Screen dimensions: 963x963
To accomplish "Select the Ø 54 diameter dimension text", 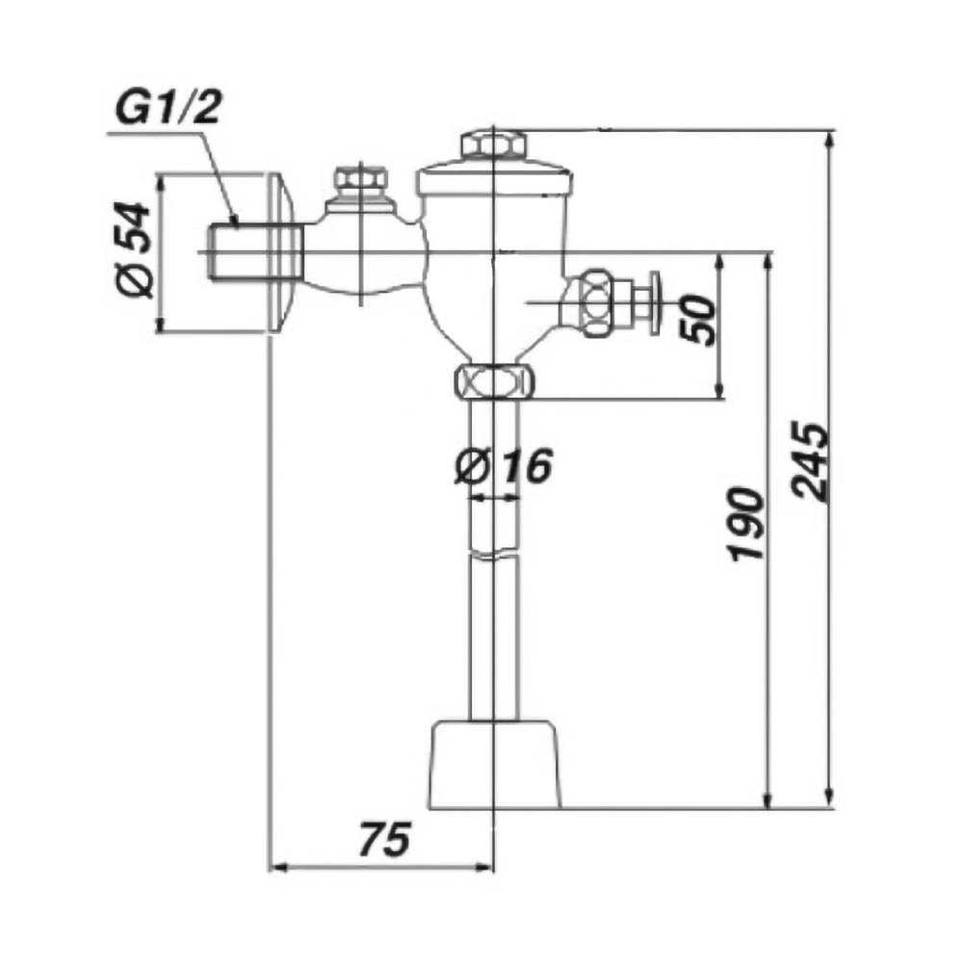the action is pyautogui.click(x=133, y=250).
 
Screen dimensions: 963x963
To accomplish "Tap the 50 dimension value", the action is pyautogui.click(x=698, y=320).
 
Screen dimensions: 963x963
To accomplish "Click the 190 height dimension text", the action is pyautogui.click(x=747, y=524).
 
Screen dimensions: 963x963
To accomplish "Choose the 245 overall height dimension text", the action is pyautogui.click(x=811, y=461).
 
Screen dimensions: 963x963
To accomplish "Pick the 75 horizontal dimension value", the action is pyautogui.click(x=384, y=840).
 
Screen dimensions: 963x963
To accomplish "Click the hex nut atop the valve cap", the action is pyautogui.click(x=494, y=144).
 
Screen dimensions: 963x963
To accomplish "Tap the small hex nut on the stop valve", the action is pyautogui.click(x=360, y=179).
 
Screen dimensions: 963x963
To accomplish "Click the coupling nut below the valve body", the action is pyautogui.click(x=494, y=382).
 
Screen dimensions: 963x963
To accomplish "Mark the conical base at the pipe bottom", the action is pyautogui.click(x=494, y=765).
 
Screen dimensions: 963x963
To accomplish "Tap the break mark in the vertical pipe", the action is pyautogui.click(x=494, y=554).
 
